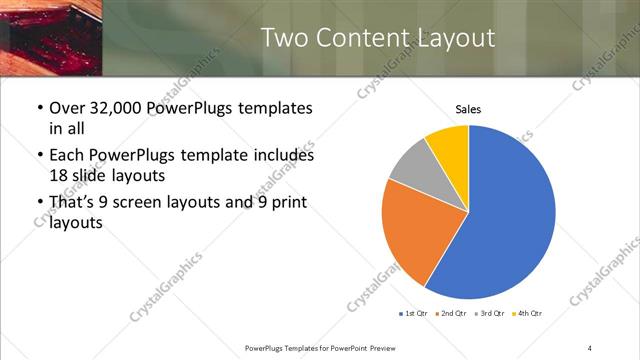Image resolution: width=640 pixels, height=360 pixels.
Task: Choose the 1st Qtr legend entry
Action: click(413, 314)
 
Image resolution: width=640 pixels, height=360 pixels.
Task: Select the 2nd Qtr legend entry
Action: click(451, 314)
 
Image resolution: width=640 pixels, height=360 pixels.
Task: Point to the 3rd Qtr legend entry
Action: click(489, 314)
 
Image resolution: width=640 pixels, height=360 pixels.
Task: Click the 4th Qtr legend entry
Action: click(527, 314)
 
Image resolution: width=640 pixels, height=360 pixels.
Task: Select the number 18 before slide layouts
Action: click(59, 174)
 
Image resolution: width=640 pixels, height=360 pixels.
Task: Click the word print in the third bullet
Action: click(282, 202)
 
